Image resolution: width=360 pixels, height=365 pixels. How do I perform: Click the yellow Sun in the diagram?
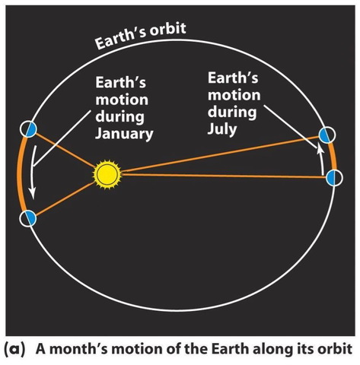coord(107,174)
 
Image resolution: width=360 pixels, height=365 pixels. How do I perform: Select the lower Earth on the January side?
coord(29,219)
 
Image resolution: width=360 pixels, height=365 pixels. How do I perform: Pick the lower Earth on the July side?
coord(334,178)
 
